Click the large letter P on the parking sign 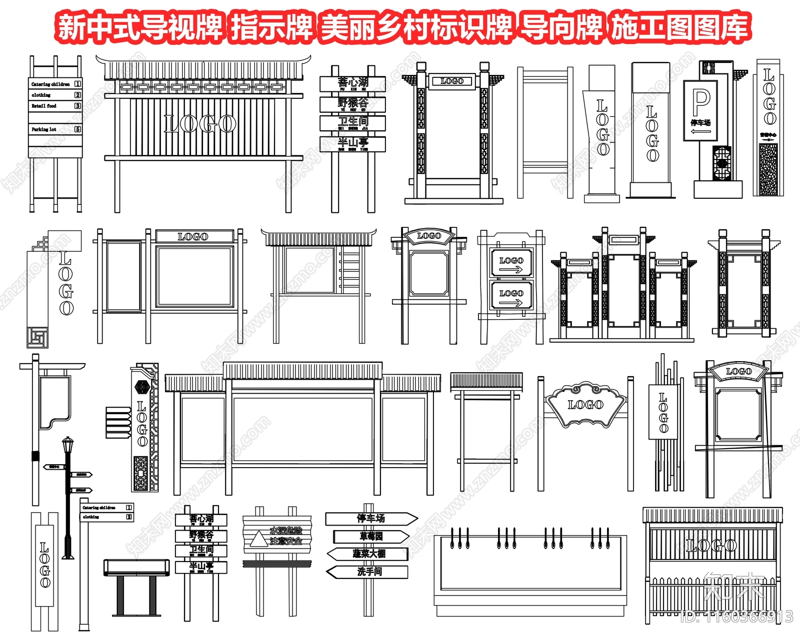pyautogui.click(x=701, y=103)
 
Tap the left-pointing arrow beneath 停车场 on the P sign pyautogui.click(x=701, y=132)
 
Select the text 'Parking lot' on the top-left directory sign pyautogui.click(x=44, y=129)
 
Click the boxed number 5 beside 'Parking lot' pyautogui.click(x=77, y=129)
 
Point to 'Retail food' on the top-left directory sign pyautogui.click(x=44, y=106)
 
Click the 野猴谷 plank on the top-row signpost pyautogui.click(x=352, y=103)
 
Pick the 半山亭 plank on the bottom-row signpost pyautogui.click(x=201, y=567)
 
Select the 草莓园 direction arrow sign pyautogui.click(x=371, y=536)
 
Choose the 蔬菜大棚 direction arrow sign pyautogui.click(x=368, y=554)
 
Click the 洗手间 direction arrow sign pyautogui.click(x=368, y=572)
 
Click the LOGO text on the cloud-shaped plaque pyautogui.click(x=585, y=404)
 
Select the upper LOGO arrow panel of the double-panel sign pyautogui.click(x=511, y=264)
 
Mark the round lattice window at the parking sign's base pyautogui.click(x=721, y=163)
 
